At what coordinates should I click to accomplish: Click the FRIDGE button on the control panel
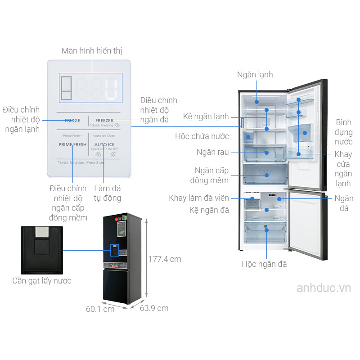coord(72,121)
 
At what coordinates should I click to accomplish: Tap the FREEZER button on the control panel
coord(104,121)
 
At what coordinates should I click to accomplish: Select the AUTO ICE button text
coord(104,144)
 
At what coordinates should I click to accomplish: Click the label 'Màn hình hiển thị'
coord(92,51)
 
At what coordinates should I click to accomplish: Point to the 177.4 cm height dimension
coord(165,259)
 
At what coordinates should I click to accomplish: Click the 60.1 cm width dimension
coord(100,309)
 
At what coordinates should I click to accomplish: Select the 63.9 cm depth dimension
coord(154,308)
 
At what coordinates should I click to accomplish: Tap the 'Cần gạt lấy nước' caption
coord(42,281)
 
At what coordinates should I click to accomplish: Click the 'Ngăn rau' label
coord(212,152)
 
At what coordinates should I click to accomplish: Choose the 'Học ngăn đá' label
coord(264,264)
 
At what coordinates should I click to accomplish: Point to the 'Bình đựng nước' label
coord(343,132)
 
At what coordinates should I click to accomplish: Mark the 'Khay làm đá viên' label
coord(199,198)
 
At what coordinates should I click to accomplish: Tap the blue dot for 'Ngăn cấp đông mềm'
coord(266,175)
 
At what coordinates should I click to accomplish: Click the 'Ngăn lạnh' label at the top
coord(255,75)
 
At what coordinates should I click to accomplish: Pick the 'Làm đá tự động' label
coord(108,193)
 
